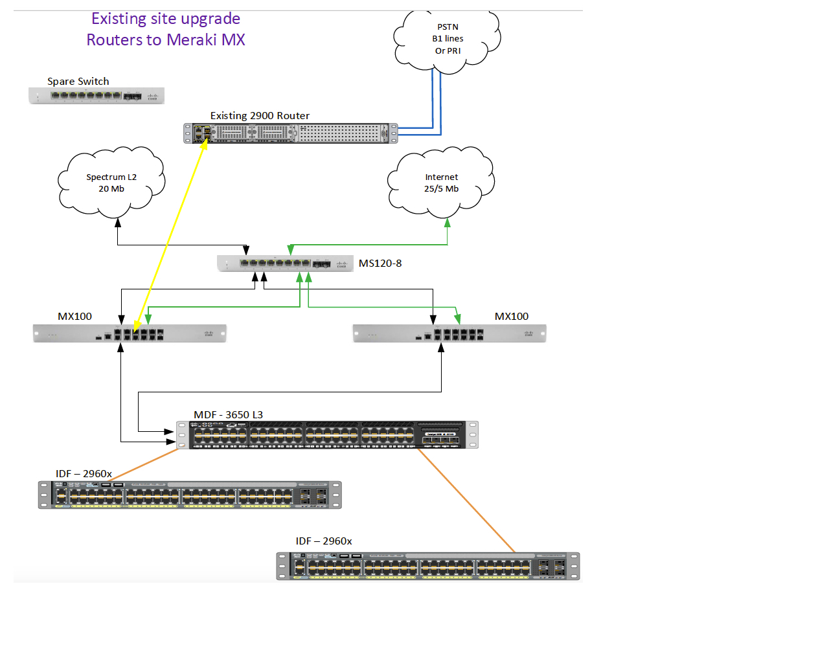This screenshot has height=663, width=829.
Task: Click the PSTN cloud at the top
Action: (448, 39)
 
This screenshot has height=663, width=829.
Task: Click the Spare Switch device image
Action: (97, 96)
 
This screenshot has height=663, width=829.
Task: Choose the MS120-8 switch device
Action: (285, 264)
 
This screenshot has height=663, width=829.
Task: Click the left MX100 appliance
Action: (130, 333)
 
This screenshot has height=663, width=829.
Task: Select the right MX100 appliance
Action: (449, 333)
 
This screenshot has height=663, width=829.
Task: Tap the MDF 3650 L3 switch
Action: (327, 434)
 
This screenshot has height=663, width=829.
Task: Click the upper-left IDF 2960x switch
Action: (190, 495)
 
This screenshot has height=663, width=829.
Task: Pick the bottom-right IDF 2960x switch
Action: (427, 566)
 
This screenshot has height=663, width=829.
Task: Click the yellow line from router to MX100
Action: (170, 236)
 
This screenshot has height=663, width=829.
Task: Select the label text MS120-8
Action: (380, 264)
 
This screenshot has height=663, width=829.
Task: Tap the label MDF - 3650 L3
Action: (228, 415)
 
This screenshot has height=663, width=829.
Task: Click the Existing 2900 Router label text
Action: (260, 116)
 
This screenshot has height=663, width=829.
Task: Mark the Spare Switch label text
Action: (78, 82)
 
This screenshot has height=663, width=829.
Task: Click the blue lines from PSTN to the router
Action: (437, 97)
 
